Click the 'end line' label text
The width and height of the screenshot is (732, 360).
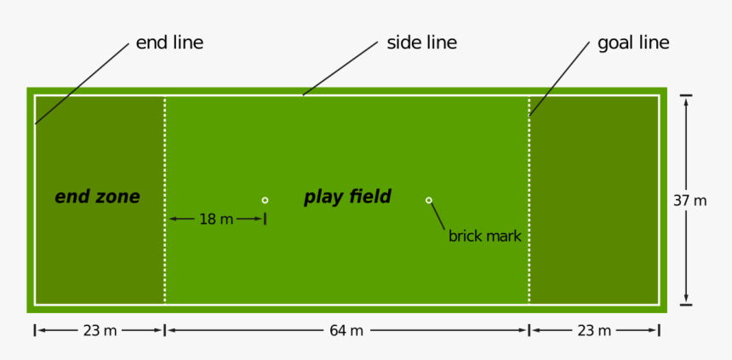click(169, 43)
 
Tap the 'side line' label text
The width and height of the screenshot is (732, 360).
click(421, 43)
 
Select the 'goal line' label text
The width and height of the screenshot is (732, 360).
click(633, 43)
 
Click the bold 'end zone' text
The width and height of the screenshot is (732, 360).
click(97, 197)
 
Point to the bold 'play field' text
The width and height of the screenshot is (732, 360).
click(347, 197)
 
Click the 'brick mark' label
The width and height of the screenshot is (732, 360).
click(484, 237)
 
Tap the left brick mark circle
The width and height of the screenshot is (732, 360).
click(265, 200)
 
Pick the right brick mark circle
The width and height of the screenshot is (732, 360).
click(428, 200)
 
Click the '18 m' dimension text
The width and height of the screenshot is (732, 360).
click(216, 219)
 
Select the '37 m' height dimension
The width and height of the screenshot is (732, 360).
click(689, 201)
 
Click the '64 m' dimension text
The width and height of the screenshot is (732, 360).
click(346, 330)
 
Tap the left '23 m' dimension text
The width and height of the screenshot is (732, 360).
click(100, 330)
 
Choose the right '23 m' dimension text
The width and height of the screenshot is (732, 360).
click(594, 330)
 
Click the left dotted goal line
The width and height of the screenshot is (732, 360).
click(165, 200)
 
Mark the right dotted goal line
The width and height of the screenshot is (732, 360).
click(529, 200)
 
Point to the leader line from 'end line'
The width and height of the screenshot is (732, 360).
click(82, 84)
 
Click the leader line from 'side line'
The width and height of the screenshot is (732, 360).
click(340, 69)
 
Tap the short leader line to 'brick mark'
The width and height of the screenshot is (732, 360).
click(437, 216)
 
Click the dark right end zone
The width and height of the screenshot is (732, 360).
click(593, 200)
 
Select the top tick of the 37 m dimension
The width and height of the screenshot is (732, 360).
click(686, 95)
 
